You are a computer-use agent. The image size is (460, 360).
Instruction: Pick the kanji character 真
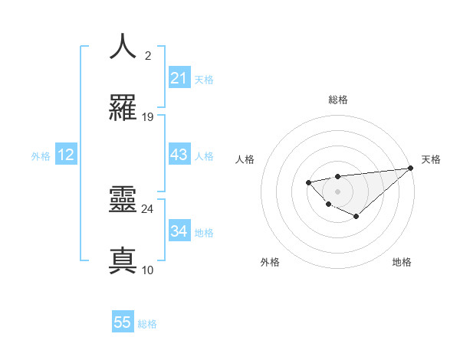click(123, 260)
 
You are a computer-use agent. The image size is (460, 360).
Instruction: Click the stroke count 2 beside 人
click(148, 55)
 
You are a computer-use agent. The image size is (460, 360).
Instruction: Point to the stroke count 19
click(148, 117)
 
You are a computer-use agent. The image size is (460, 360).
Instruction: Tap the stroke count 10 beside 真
click(148, 270)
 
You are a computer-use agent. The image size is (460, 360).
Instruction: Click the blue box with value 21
click(179, 78)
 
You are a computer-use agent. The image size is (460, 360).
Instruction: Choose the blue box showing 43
click(179, 155)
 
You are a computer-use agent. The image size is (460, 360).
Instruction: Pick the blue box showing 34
click(179, 231)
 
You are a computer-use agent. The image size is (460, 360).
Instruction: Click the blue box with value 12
click(66, 155)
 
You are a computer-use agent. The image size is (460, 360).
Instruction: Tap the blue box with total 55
click(123, 322)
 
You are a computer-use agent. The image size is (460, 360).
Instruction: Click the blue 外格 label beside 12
click(41, 156)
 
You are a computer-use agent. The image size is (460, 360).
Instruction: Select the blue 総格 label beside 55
click(147, 324)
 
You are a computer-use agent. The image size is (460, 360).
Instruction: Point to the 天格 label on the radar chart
click(431, 159)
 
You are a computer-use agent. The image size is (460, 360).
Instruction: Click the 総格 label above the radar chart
click(337, 100)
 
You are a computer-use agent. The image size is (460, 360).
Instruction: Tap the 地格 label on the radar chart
click(402, 262)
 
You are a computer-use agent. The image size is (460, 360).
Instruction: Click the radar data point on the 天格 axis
click(410, 169)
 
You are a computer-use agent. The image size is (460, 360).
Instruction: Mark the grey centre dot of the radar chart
click(337, 191)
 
